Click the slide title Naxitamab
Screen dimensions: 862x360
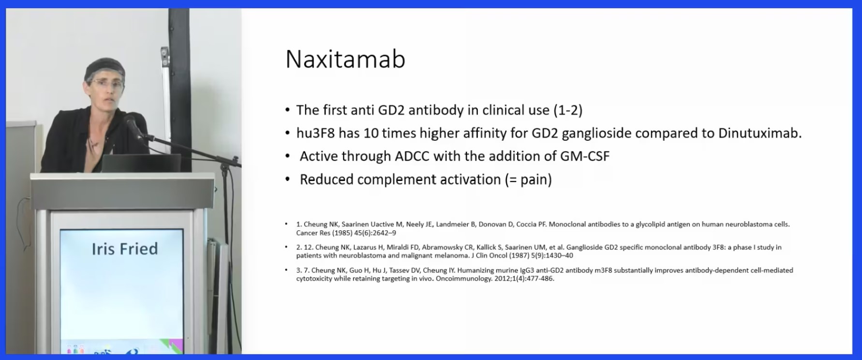345,60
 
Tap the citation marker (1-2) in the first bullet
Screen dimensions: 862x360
568,110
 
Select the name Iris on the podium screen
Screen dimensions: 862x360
103,249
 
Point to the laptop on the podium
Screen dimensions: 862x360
140,164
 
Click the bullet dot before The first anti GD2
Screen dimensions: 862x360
288,111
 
